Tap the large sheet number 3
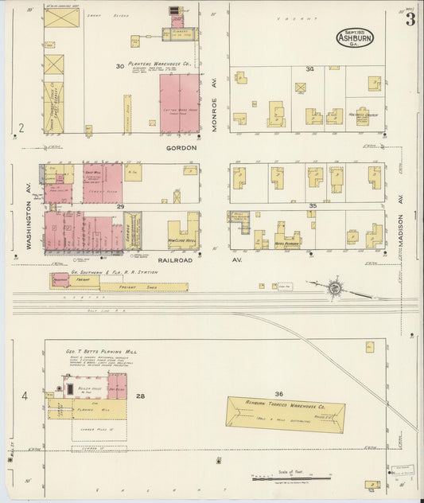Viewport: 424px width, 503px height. (410, 20)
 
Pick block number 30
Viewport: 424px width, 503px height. (119, 67)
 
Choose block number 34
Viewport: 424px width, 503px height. (310, 69)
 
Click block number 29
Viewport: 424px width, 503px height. (121, 206)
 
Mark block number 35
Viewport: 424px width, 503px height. (313, 206)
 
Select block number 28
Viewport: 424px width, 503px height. (141, 396)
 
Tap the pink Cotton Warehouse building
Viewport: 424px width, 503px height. (180, 103)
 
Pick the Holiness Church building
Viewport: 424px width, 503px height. (363, 117)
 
